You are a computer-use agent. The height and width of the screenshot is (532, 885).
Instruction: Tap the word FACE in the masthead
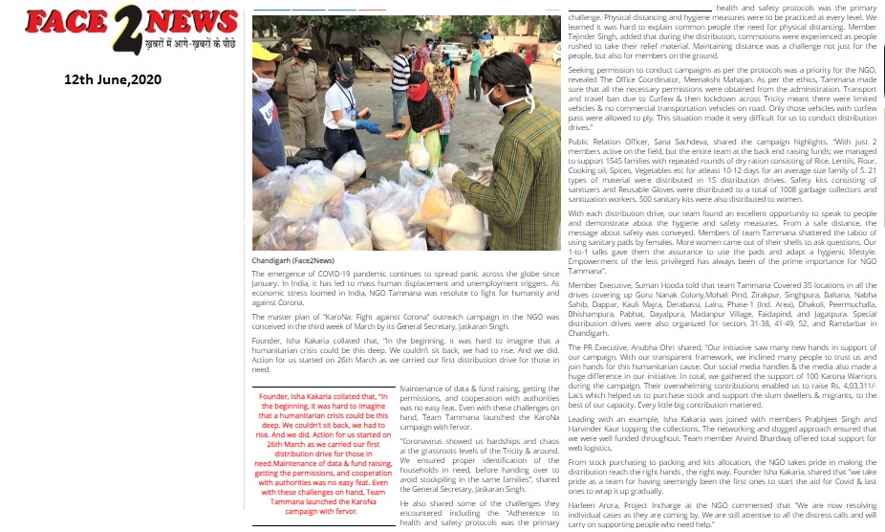coord(64,21)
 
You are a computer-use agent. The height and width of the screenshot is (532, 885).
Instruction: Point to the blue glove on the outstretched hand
coord(368,125)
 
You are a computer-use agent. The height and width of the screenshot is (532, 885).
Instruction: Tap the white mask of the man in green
coord(495,97)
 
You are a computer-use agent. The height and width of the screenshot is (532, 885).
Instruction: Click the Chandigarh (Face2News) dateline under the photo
coord(292,260)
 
